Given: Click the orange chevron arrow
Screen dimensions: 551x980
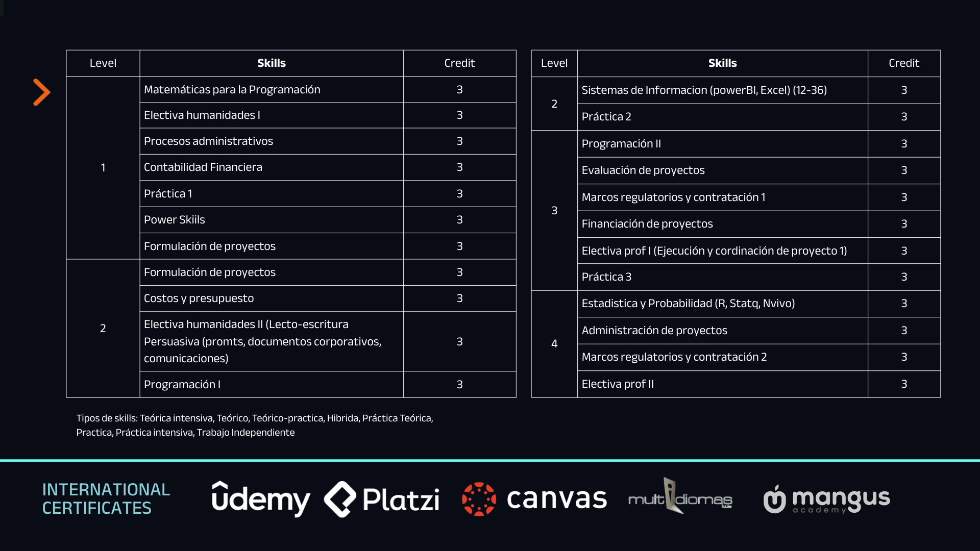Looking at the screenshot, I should point(42,92).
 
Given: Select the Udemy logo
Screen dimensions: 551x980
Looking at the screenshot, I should point(261,499).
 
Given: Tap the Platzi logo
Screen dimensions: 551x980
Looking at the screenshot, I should point(382,499).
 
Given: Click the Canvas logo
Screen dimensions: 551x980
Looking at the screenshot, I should point(534,499).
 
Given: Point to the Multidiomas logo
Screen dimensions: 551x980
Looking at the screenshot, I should point(680,497).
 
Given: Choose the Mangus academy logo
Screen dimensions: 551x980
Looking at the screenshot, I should point(827,499).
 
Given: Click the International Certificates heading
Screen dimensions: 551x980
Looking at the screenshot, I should point(106,498).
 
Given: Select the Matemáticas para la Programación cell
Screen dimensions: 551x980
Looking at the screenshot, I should point(232,90).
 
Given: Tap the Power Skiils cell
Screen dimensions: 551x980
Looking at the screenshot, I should point(175,220).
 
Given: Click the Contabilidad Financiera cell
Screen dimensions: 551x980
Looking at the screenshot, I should point(203,167).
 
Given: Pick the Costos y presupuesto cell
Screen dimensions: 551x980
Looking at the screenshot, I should point(199,298).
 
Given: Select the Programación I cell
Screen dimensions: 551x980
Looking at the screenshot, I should point(182,385).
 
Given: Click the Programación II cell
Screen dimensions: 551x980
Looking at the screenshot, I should point(621,144).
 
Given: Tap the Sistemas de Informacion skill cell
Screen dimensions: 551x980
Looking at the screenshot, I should point(704,90).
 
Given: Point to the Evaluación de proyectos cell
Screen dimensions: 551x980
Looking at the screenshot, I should point(643,170).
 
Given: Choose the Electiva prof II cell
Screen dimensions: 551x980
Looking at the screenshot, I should point(618,384).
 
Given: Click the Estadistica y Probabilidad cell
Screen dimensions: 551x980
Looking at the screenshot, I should point(688,304).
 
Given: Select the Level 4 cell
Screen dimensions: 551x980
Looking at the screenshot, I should point(554,344).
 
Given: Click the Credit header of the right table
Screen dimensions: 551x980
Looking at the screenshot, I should point(903,63).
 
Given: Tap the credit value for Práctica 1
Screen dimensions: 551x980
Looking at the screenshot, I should point(459,194).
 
